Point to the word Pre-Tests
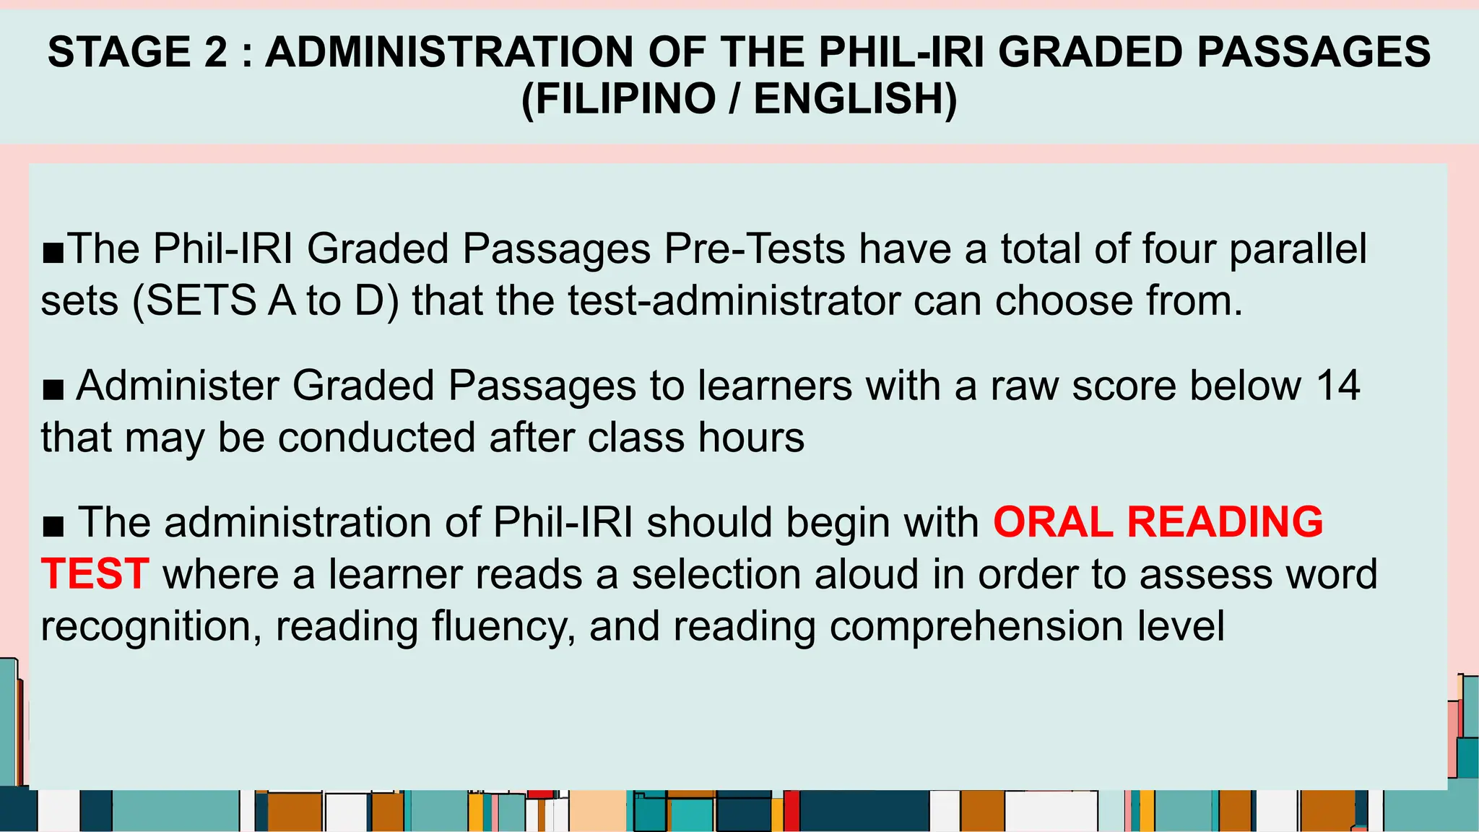[x=755, y=249]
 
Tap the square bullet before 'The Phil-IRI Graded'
[x=53, y=254]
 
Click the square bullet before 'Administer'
[x=53, y=391]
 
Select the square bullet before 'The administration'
[x=53, y=527]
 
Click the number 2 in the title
[x=215, y=52]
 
